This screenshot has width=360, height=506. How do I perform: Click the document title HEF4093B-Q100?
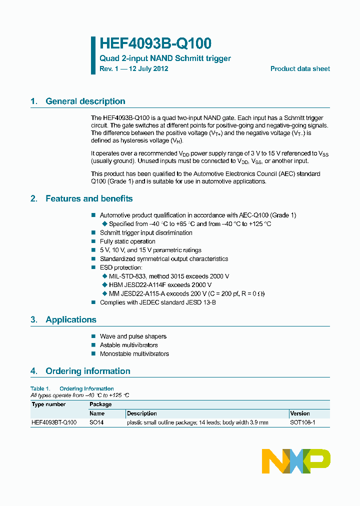point(155,44)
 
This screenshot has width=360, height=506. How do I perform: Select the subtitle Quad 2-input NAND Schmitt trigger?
point(165,58)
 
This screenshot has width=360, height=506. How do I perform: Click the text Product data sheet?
point(300,69)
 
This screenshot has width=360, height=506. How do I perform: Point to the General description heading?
point(85,101)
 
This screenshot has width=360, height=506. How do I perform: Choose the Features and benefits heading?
point(89,199)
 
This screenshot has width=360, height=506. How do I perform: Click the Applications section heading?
point(70,320)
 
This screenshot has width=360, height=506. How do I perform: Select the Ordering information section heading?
point(87,371)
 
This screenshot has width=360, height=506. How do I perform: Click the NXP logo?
point(296,460)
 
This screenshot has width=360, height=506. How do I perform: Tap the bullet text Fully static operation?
point(127,241)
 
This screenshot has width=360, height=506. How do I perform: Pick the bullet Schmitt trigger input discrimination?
point(146,233)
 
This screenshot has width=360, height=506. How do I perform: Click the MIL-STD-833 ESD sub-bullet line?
point(168,276)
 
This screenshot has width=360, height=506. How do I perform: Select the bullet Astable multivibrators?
point(128,345)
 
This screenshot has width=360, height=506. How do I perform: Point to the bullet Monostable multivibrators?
point(134,354)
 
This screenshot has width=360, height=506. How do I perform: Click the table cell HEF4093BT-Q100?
point(54,422)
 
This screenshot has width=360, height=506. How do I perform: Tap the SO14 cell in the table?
point(97,422)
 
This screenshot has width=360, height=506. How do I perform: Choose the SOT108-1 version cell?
point(302,422)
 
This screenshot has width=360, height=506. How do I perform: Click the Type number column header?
point(48,404)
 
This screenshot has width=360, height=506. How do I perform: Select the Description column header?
point(142,413)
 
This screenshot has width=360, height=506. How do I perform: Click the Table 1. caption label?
point(40,388)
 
